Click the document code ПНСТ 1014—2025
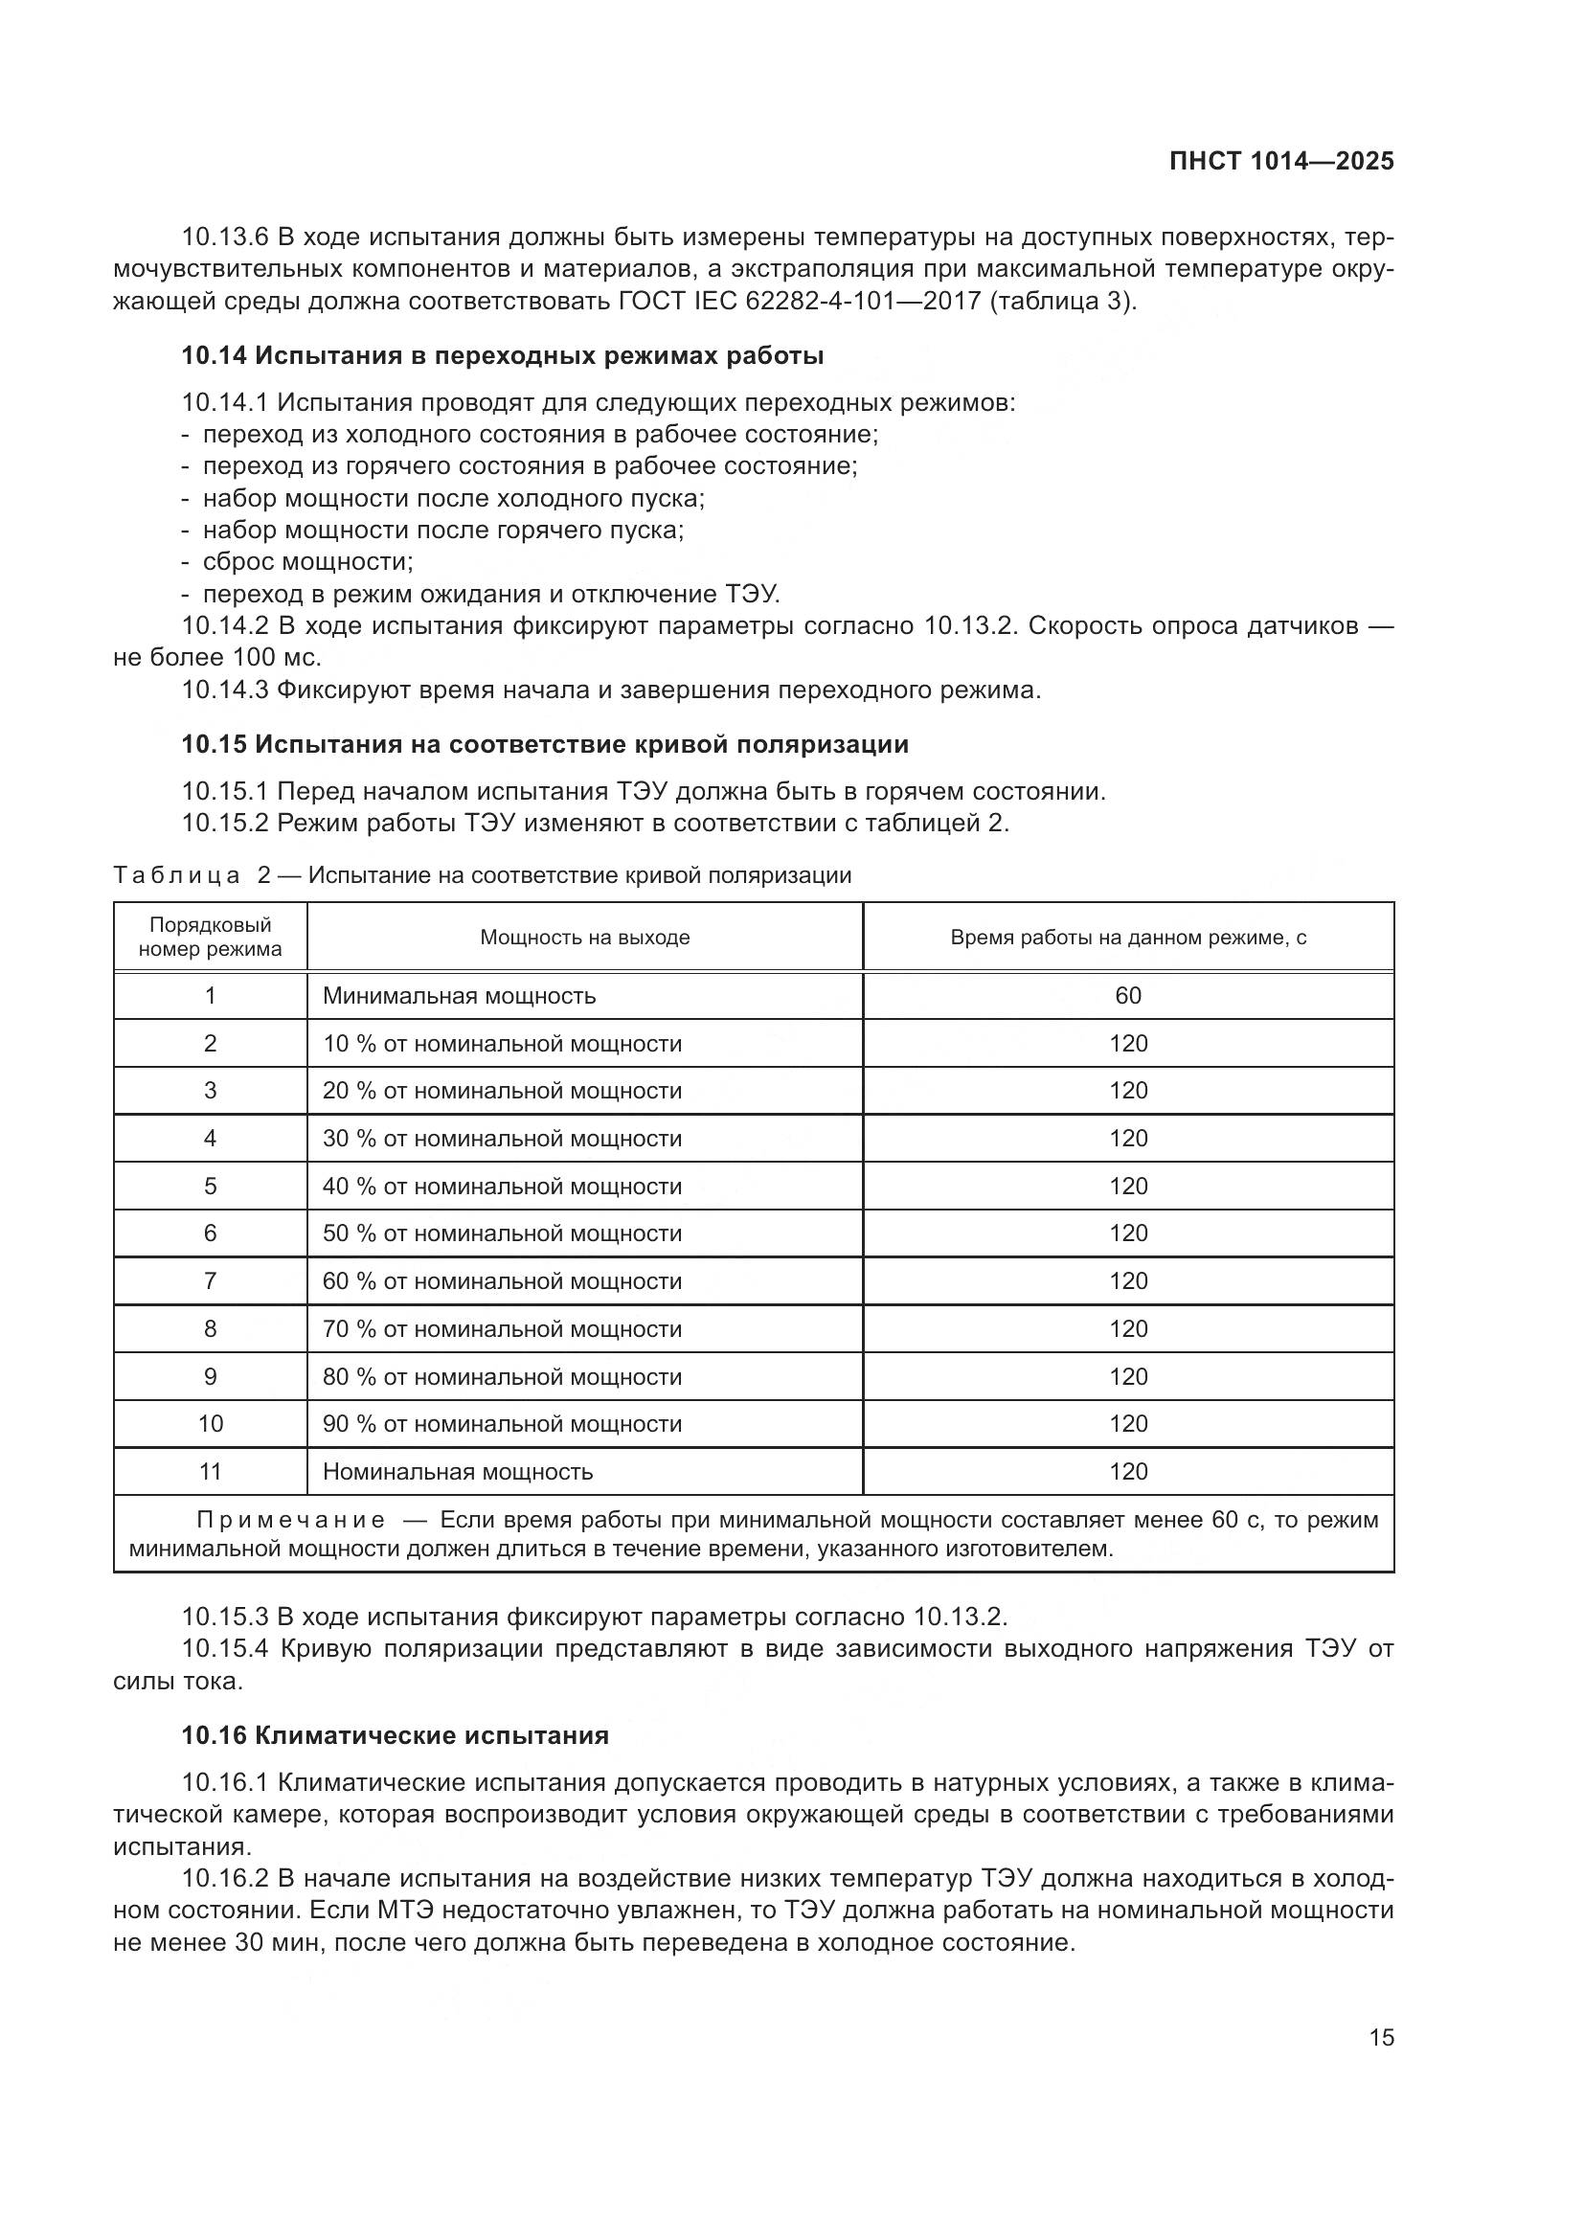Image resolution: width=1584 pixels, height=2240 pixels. (1280, 161)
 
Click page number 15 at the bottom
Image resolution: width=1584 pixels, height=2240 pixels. (1381, 2037)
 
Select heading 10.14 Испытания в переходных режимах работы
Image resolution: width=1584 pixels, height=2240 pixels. (503, 356)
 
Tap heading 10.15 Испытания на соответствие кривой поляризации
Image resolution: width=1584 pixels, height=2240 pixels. (544, 744)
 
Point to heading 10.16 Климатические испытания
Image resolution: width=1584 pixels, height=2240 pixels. (395, 1735)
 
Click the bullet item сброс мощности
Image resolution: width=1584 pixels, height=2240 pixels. (307, 562)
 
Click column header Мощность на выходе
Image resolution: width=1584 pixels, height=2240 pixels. (584, 938)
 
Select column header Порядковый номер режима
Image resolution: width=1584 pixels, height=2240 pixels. (210, 937)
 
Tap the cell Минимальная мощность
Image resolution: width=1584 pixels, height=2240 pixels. (459, 996)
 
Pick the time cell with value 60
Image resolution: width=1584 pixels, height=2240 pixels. (1127, 996)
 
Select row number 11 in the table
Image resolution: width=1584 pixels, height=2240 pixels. (210, 1471)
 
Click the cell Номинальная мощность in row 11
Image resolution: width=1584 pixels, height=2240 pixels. (458, 1471)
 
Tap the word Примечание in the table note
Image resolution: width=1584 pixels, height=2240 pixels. (289, 1520)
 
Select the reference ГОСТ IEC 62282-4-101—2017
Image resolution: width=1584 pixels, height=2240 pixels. (800, 301)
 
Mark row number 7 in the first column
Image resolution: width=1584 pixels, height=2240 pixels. (210, 1281)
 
